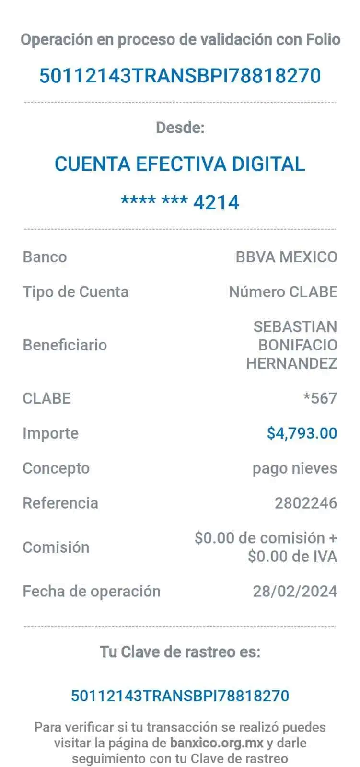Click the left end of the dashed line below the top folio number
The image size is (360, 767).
pos(24,102)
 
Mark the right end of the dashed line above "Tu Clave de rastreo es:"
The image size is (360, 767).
pos(336,627)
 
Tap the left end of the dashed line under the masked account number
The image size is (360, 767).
pos(24,229)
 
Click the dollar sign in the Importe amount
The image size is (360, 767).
pos(271,433)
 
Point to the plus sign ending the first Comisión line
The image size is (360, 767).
pos(333,538)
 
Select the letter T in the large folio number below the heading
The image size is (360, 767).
pos(139,76)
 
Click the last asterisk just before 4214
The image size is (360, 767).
pos(183,199)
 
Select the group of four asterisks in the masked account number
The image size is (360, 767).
pos(139,199)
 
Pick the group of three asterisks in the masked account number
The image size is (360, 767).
pos(174,199)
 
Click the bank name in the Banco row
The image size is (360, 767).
pos(286,257)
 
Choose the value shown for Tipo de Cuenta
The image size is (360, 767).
pos(283,292)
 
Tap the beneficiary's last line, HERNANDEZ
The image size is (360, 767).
pos(292,363)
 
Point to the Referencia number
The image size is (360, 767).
pos(306,503)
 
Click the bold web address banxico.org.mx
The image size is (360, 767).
pos(217,743)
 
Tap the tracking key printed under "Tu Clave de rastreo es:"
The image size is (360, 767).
pos(180,696)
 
